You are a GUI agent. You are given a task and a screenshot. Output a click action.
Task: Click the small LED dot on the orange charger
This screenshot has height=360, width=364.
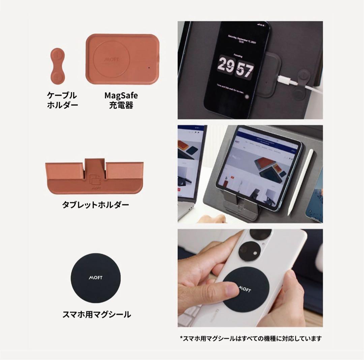(x=149, y=67)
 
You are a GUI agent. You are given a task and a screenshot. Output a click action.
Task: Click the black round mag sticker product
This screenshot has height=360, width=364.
(x=95, y=278)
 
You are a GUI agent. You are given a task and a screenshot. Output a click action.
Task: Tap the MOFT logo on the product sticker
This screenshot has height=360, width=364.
(x=95, y=278)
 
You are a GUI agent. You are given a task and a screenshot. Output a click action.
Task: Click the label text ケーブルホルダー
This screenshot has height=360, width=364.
(x=62, y=100)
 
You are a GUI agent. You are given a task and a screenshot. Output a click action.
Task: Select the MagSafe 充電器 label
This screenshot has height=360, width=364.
(x=121, y=100)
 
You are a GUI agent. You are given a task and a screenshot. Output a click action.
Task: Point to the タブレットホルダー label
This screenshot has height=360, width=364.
(x=95, y=205)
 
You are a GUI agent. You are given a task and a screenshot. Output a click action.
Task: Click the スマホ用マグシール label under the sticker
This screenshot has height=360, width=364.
(x=97, y=315)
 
